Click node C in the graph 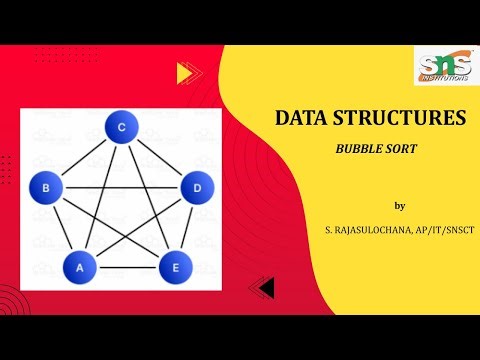pyautogui.click(x=121, y=127)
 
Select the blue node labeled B pyautogui.click(x=46, y=185)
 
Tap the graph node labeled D pyautogui.click(x=196, y=186)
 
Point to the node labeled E pyautogui.click(x=174, y=267)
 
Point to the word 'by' pyautogui.click(x=400, y=206)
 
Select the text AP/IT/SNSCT pyautogui.click(x=444, y=231)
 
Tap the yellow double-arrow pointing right pyautogui.click(x=184, y=72)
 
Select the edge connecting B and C pyautogui.click(x=83, y=156)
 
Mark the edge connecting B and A pyautogui.click(x=61, y=226)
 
